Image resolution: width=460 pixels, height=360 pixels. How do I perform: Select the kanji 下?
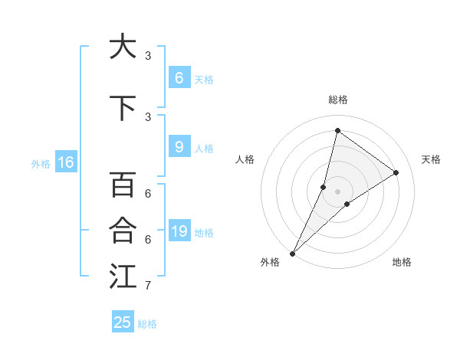click(123, 108)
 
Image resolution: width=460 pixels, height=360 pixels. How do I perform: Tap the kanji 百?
click(123, 185)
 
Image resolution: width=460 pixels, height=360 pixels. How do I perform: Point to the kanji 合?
click(123, 231)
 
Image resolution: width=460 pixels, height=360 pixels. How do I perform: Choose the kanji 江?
click(123, 277)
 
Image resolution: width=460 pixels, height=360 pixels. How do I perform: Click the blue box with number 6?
click(179, 78)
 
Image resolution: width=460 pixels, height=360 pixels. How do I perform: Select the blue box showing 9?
click(179, 147)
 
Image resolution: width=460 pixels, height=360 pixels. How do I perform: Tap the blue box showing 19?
click(179, 231)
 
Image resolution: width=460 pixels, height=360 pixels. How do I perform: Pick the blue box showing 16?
click(66, 162)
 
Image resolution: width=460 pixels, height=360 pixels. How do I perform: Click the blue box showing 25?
click(123, 322)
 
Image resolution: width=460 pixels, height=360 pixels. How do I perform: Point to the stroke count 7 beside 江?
click(147, 286)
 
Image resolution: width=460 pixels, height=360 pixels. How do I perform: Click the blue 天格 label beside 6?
click(204, 79)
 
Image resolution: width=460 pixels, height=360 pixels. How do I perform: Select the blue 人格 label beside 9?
click(204, 148)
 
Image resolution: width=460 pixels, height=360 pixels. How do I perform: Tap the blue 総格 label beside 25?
click(147, 323)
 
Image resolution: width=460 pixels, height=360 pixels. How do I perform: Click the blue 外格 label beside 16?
click(40, 163)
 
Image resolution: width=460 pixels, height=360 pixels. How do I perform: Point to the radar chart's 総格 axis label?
click(338, 100)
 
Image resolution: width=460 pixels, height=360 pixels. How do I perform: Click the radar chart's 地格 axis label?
click(402, 262)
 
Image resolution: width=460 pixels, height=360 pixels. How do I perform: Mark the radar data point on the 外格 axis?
click(292, 253)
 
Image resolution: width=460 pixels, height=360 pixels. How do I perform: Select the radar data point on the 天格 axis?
click(396, 172)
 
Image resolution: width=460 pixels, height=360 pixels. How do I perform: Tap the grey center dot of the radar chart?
click(337, 191)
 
